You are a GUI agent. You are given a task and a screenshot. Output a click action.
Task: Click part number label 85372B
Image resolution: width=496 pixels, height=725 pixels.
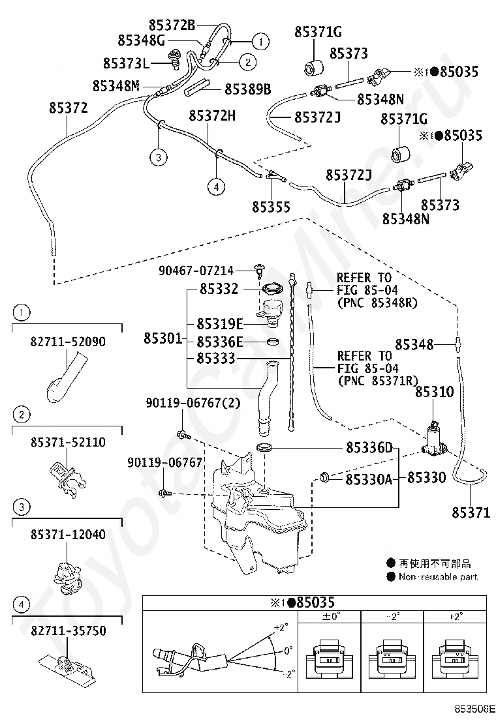[172, 25]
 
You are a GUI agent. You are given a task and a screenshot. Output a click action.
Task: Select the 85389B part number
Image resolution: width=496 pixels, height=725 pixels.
[248, 89]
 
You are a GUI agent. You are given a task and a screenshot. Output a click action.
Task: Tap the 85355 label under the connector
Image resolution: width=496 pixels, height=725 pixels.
[271, 207]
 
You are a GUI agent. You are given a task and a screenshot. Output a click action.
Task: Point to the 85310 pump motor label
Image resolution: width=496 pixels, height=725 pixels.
[435, 392]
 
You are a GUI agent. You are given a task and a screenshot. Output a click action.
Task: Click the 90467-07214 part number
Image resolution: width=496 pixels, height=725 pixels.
[196, 271]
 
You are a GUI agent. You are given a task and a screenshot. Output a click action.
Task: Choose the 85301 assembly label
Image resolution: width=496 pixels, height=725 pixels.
[163, 338]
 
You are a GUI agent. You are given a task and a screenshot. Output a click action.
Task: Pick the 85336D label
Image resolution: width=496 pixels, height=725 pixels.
[369, 447]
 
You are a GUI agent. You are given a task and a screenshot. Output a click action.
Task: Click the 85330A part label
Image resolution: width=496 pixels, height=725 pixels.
[369, 480]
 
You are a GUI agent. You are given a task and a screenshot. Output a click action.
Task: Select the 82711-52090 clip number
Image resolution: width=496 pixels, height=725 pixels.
[68, 342]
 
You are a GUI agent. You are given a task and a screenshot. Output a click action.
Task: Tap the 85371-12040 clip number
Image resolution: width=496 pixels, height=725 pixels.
[68, 535]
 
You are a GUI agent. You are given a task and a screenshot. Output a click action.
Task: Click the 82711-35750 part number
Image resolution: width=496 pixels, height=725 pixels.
[69, 630]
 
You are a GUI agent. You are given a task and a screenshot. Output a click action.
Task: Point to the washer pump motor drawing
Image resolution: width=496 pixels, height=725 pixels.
[435, 439]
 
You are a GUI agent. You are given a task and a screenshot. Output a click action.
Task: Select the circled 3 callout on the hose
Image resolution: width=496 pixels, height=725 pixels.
[158, 157]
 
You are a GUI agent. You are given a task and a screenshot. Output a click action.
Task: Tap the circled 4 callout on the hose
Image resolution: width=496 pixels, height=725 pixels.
[216, 187]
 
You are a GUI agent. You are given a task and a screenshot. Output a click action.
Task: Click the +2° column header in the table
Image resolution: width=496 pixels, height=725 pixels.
[456, 617]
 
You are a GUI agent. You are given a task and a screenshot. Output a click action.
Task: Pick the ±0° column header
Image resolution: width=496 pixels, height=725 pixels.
[331, 617]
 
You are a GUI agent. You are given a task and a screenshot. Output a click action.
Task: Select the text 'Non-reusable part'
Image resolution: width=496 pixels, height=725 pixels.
[438, 576]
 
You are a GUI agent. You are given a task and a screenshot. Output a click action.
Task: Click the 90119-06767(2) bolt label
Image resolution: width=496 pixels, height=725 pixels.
[193, 403]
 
